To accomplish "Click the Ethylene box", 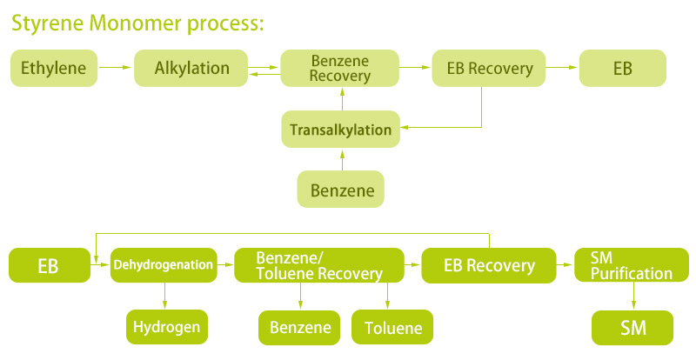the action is (54, 68).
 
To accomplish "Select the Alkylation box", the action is (191, 68).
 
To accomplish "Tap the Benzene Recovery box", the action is (339, 68).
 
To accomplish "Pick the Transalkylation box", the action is (340, 130).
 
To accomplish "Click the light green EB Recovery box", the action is (489, 68).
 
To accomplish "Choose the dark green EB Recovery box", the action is (489, 265).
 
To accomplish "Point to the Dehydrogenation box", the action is (164, 265).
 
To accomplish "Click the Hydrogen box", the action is (167, 327).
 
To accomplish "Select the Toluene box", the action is (392, 327).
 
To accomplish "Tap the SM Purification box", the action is (632, 265).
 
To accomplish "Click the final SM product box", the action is (632, 328).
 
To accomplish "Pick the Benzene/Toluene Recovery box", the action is (319, 265).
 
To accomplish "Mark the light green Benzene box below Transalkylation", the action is (340, 189).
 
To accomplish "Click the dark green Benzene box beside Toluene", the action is (299, 328).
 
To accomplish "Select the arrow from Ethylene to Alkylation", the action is (115, 68).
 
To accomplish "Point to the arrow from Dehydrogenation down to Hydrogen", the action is (164, 296).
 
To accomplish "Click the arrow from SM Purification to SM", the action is (633, 296).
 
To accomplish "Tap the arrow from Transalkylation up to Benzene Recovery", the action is (342, 98).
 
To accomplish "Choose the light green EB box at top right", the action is (623, 68).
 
